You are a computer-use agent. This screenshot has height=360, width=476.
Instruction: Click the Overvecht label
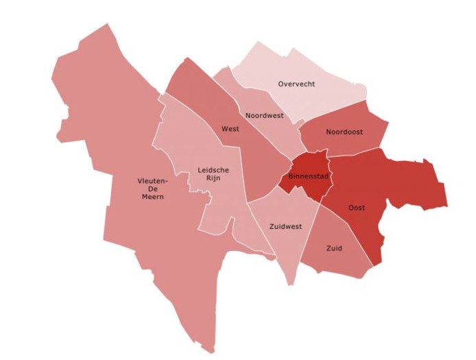tap(296, 84)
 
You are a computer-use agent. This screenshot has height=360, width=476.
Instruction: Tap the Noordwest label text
tap(264, 115)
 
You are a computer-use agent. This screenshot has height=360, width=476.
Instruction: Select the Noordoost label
tap(344, 132)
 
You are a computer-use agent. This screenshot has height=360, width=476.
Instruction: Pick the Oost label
tap(357, 207)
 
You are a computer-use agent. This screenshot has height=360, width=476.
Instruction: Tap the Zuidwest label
tap(286, 226)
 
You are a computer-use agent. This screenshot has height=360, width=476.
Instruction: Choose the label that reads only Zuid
tap(334, 248)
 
